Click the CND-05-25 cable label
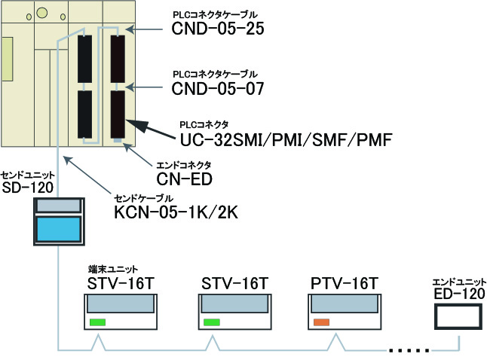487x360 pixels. (x=218, y=29)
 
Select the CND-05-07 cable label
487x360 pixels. (x=218, y=88)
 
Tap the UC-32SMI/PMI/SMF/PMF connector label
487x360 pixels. (x=286, y=139)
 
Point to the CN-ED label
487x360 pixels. (x=184, y=179)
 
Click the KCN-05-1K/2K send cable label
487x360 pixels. (x=176, y=212)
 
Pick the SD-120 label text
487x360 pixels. (x=28, y=188)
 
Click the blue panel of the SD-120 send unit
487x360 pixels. (x=59, y=229)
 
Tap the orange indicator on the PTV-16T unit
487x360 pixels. (x=321, y=322)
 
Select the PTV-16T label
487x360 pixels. (x=344, y=283)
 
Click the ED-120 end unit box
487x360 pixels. (x=458, y=316)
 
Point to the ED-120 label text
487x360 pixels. (x=459, y=294)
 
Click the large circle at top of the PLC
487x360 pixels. (x=42, y=13)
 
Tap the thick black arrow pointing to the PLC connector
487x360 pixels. (x=151, y=129)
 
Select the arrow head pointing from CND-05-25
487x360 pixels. (x=130, y=29)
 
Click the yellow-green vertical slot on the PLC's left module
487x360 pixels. (x=8, y=59)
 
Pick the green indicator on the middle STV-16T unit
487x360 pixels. (x=212, y=322)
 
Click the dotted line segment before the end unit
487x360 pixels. (x=409, y=351)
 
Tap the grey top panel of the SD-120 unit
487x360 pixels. (x=59, y=206)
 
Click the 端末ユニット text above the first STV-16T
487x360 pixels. (x=113, y=269)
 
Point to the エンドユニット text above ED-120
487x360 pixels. (x=459, y=282)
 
